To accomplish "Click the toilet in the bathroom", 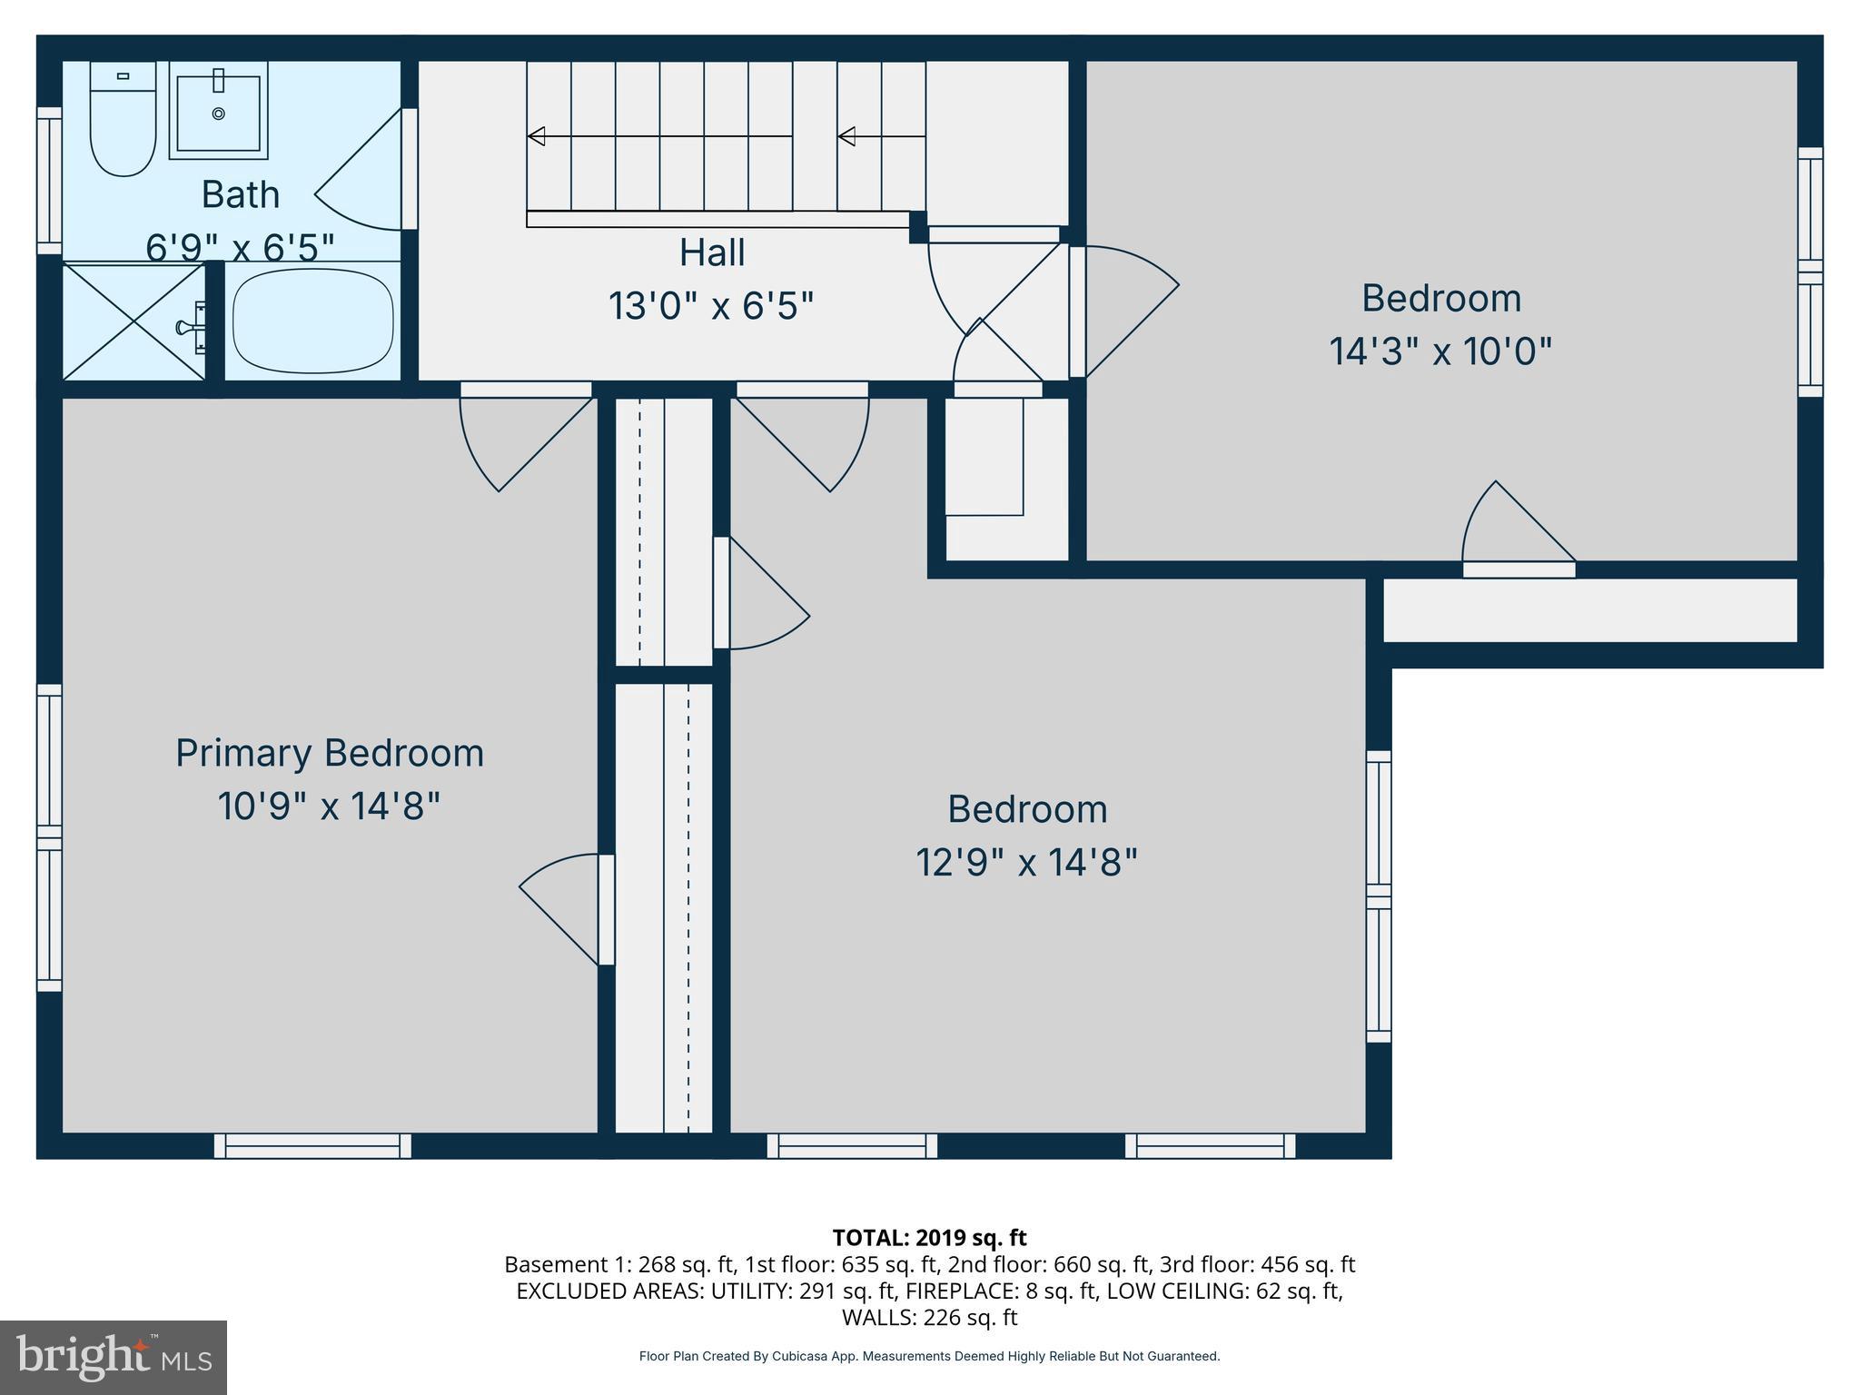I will coord(124,127).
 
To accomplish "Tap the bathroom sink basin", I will coord(218,113).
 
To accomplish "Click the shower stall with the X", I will coord(134,322).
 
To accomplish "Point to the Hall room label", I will coord(712,252).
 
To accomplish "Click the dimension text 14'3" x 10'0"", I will coord(1440,351).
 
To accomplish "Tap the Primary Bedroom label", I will coord(329,753).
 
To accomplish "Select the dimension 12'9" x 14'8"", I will coord(1026,862).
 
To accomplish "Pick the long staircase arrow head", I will coord(536,136).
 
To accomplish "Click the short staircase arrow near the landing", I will coord(846,136).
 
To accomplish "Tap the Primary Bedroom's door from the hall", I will coord(522,436).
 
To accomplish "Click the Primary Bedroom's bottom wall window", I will coord(312,1145).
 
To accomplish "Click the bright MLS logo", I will coord(114,1357).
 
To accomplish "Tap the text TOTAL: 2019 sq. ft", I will coord(929,1238).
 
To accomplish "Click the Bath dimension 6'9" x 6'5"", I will coord(240,246).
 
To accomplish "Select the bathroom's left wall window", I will coord(49,181).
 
